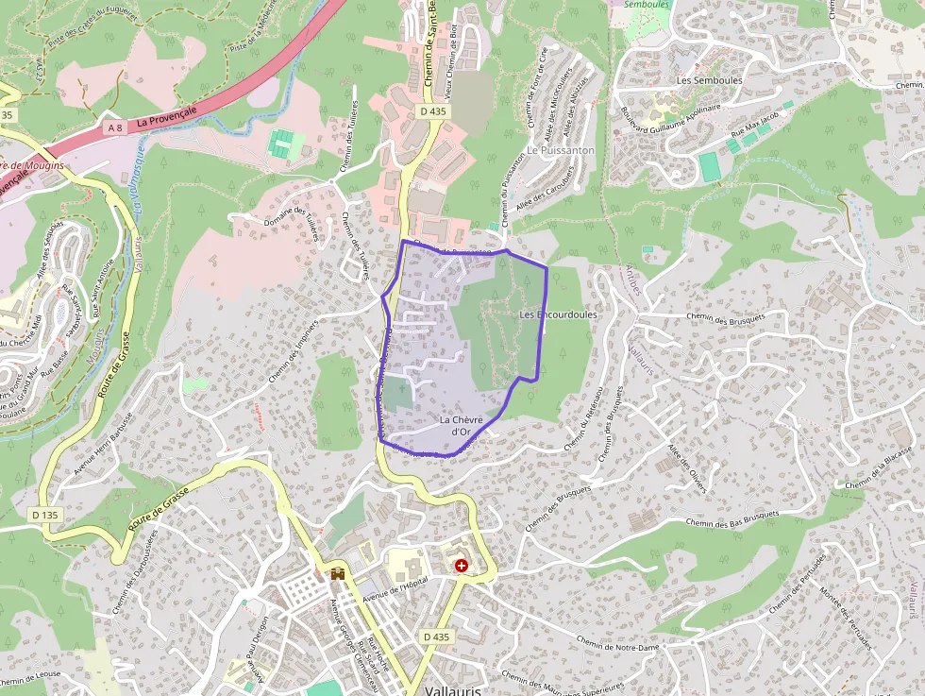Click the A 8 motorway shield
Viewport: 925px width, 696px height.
(x=114, y=127)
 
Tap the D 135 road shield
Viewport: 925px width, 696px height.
(x=44, y=515)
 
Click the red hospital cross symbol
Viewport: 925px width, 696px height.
(x=461, y=565)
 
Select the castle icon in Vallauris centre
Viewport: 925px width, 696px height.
(x=337, y=573)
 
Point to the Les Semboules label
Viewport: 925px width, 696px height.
(x=710, y=81)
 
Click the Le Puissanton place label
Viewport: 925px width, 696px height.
(x=561, y=150)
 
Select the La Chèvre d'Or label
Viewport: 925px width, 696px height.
(x=462, y=425)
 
